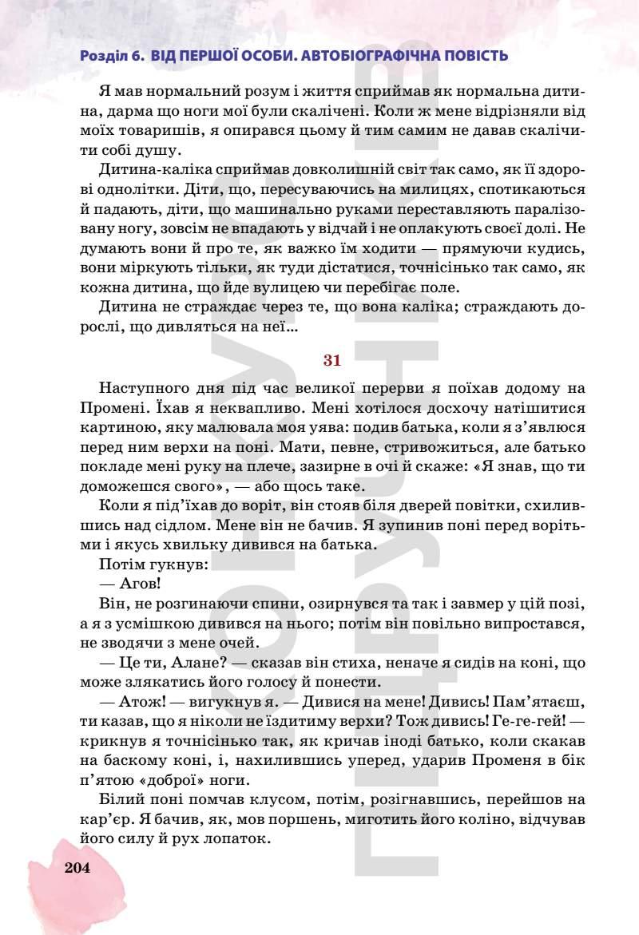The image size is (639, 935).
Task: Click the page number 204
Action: [x=78, y=869]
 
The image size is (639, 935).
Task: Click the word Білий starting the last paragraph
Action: [x=119, y=798]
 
